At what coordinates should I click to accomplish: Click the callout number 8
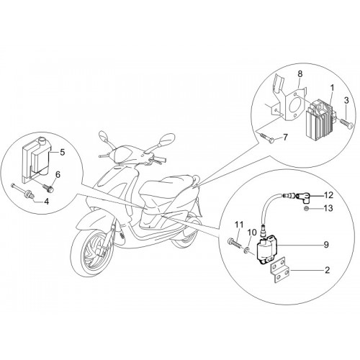(300, 74)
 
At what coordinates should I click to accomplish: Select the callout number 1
(332, 89)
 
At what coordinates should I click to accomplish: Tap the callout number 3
(346, 101)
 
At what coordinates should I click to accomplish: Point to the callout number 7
(285, 137)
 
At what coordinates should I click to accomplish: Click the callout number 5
(63, 152)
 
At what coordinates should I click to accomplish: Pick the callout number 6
(58, 174)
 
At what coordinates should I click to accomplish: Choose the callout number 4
(46, 201)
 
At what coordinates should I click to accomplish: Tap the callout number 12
(328, 195)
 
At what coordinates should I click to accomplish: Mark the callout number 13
(328, 208)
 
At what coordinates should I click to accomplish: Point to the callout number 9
(326, 245)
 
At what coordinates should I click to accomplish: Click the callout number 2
(327, 270)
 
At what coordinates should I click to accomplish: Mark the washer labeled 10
(247, 251)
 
